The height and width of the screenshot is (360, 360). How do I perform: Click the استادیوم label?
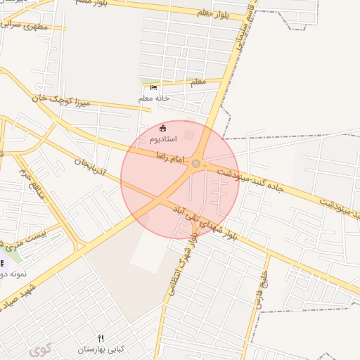(x=162, y=140)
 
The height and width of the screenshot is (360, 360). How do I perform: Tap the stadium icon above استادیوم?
(x=163, y=128)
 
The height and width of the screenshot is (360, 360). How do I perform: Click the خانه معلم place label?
(x=154, y=98)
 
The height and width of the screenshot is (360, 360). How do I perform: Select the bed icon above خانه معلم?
(x=153, y=88)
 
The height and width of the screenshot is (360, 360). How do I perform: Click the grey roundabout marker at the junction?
(x=196, y=164)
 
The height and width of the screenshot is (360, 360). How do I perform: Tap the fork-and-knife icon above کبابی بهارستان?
(x=101, y=338)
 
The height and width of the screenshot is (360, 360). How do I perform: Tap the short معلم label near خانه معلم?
(x=198, y=82)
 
